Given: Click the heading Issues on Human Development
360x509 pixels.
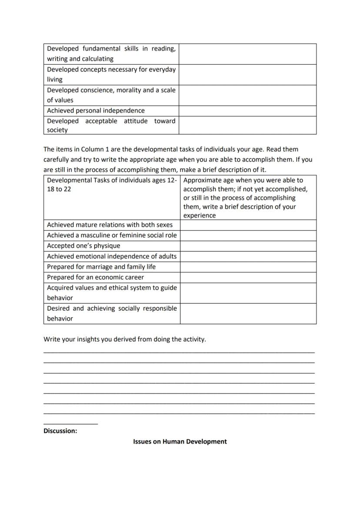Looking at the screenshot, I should (180, 441).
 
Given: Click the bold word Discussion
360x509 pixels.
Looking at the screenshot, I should (60, 431).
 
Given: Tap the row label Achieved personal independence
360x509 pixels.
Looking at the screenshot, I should (96, 110).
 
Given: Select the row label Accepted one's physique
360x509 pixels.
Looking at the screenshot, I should (83, 246).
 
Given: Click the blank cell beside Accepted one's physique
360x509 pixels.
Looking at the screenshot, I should (248, 246).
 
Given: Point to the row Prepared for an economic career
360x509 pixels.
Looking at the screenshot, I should (95, 277).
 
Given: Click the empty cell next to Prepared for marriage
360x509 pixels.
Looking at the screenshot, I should (248, 266).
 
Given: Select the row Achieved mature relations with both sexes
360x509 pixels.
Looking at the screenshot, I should (110, 225).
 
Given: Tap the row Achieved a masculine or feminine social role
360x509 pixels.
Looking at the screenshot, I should (112, 235).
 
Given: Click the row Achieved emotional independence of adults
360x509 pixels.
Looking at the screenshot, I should (112, 256).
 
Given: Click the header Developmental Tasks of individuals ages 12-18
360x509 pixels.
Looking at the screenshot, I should (111, 185).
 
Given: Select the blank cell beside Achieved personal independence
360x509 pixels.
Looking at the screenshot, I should (247, 111).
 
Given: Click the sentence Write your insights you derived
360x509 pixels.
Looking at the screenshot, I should (124, 339).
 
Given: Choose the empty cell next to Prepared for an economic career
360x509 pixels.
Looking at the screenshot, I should (248, 277).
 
